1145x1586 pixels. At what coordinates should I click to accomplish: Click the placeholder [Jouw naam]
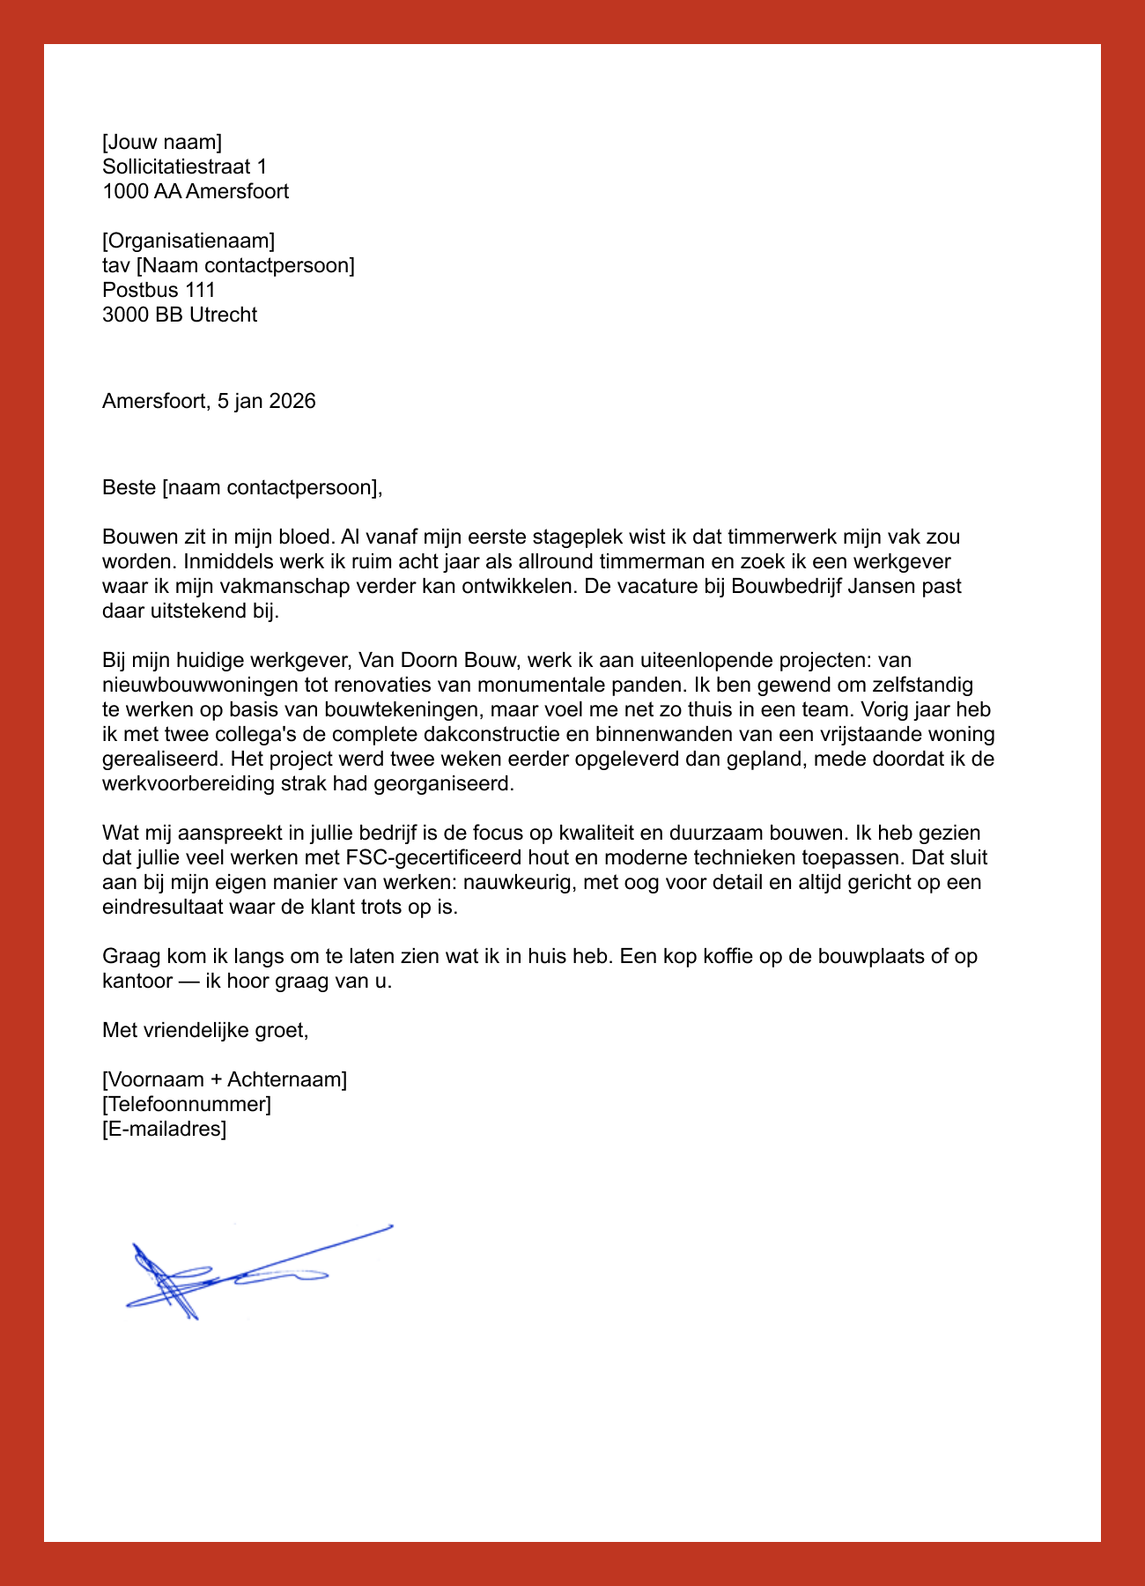pyautogui.click(x=162, y=142)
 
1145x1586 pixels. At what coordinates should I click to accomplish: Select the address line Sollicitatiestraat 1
pyautogui.click(x=184, y=167)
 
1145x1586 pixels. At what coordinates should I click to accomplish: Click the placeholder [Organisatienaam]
pyautogui.click(x=188, y=241)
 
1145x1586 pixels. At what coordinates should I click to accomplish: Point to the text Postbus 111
pyautogui.click(x=159, y=290)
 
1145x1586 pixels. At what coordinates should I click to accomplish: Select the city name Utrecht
pyautogui.click(x=223, y=315)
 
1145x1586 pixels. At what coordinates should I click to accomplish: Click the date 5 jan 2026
pyautogui.click(x=266, y=401)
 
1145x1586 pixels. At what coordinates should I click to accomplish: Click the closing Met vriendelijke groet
pyautogui.click(x=205, y=1030)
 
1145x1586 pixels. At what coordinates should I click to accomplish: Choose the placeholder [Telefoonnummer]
pyautogui.click(x=187, y=1104)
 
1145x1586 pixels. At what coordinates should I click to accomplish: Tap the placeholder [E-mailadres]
pyautogui.click(x=165, y=1129)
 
